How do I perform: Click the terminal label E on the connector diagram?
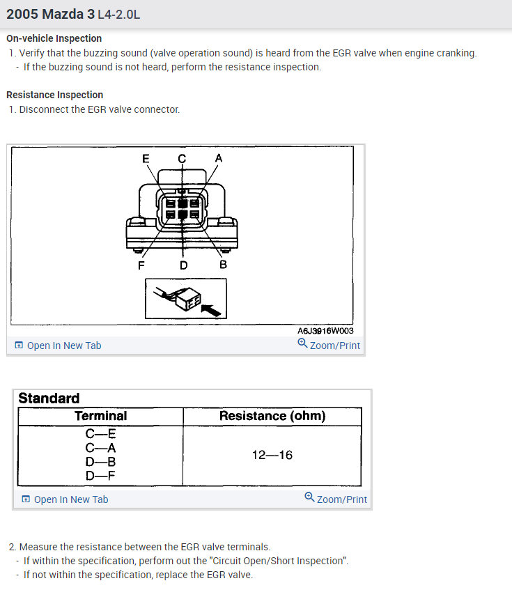[x=146, y=158]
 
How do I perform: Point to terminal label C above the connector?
[x=182, y=158]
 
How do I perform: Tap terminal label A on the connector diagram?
[x=219, y=158]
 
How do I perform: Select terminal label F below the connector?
[x=141, y=265]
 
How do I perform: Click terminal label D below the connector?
[x=183, y=265]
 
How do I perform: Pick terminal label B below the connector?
[x=223, y=265]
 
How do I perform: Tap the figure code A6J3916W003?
[x=325, y=331]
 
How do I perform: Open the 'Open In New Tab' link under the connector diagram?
[x=63, y=346]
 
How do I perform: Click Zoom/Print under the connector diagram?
[x=334, y=346]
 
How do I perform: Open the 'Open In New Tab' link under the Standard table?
[x=70, y=499]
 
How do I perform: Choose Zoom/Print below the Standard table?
[x=341, y=499]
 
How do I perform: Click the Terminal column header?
[x=100, y=416]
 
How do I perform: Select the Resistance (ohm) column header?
[x=272, y=416]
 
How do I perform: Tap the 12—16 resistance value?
[x=272, y=456]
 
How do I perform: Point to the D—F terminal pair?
[x=100, y=476]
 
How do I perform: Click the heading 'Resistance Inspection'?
[x=54, y=95]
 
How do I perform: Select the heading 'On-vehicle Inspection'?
[x=54, y=38]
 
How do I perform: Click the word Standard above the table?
[x=49, y=398]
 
